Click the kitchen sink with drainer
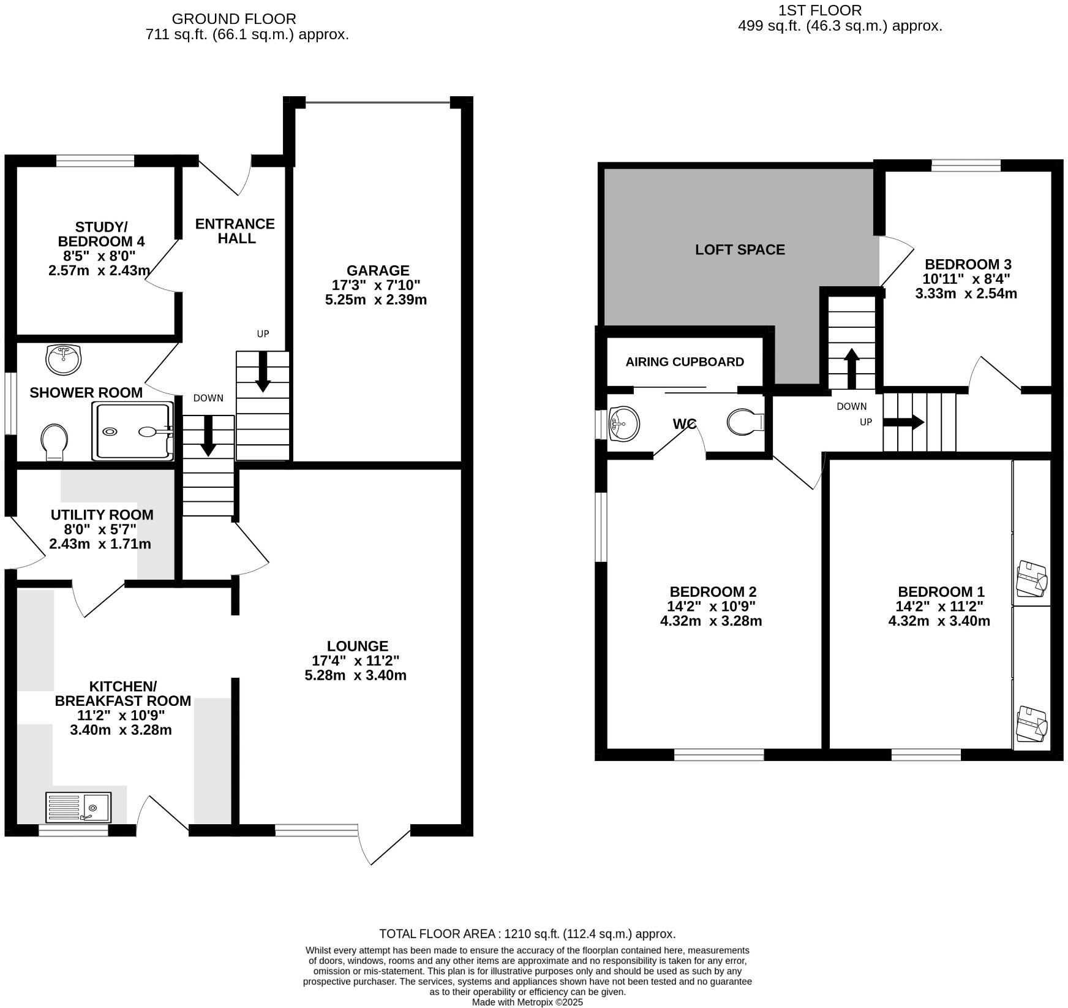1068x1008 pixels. click(78, 806)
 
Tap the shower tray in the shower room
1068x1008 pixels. click(133, 431)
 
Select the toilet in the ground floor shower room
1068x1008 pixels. click(55, 442)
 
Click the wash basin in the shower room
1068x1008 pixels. click(63, 360)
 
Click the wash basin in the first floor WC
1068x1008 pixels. click(623, 423)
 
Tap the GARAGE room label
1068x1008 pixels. click(377, 270)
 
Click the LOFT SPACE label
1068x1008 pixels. click(740, 249)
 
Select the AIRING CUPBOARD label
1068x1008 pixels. click(685, 362)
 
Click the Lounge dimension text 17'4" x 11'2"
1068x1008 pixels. click(355, 661)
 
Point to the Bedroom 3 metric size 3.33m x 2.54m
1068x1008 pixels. click(966, 294)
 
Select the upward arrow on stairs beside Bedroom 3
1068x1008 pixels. click(851, 368)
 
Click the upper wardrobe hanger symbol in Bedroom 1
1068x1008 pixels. click(1031, 578)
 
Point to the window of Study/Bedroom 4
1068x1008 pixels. click(95, 161)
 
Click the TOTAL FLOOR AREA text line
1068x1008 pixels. click(527, 934)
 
